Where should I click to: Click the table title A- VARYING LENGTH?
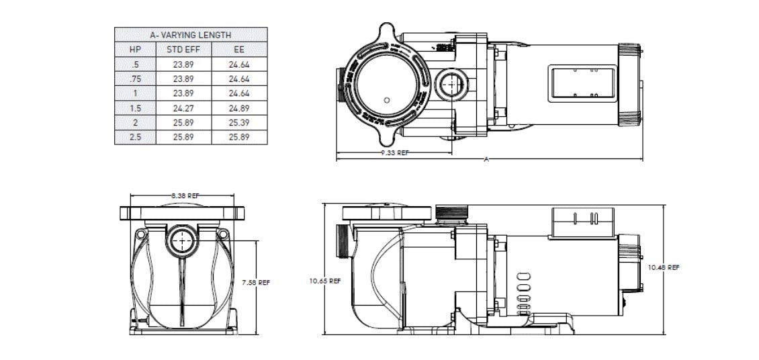click(x=191, y=35)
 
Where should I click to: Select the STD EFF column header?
click(x=183, y=49)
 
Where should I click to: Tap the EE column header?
click(x=239, y=49)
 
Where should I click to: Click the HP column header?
click(x=135, y=49)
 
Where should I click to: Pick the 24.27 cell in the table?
click(x=183, y=108)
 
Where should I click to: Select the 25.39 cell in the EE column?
click(x=239, y=122)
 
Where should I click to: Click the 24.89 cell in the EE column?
click(x=239, y=108)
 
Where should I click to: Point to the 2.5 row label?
click(x=135, y=137)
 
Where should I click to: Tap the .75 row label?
click(x=135, y=79)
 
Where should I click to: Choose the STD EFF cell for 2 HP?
click(x=183, y=122)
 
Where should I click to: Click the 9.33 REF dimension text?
click(x=394, y=153)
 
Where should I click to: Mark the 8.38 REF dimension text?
click(x=184, y=195)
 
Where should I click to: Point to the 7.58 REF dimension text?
click(x=255, y=283)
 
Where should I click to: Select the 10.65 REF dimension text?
click(x=324, y=281)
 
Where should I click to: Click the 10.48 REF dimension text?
click(x=663, y=267)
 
